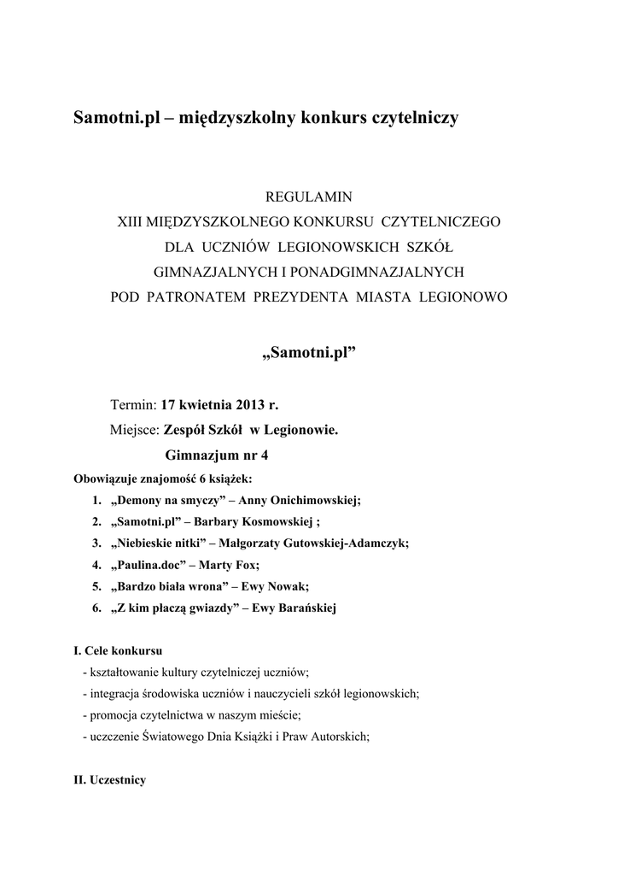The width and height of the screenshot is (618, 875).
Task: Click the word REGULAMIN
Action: tap(309, 197)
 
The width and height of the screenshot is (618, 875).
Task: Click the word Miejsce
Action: tap(135, 430)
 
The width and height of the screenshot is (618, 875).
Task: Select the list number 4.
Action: tap(95, 565)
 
